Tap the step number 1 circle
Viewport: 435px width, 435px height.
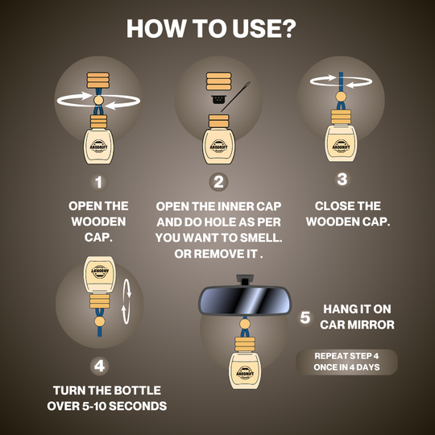(x=98, y=182)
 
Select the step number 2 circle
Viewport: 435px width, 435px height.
(x=218, y=182)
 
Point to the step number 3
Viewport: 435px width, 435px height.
(x=342, y=179)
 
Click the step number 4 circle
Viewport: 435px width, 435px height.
(x=99, y=366)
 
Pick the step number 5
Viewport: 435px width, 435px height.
(x=304, y=317)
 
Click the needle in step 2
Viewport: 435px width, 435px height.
(x=235, y=97)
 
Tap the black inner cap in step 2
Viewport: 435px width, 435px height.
(x=219, y=99)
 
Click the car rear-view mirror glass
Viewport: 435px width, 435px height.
(x=245, y=300)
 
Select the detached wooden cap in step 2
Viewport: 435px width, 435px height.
(x=218, y=81)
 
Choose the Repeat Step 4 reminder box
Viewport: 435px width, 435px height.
(x=346, y=362)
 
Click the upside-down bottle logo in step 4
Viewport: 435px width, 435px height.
(x=100, y=271)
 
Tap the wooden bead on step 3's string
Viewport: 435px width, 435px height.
(x=341, y=97)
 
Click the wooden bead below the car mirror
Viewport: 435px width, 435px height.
(x=245, y=324)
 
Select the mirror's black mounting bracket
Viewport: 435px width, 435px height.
(x=245, y=280)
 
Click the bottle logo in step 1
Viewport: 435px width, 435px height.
(x=98, y=146)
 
